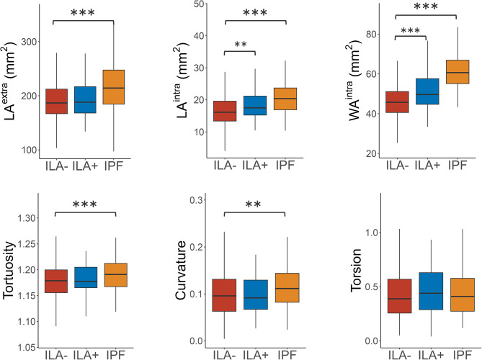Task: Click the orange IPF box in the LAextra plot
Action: pyautogui.click(x=113, y=87)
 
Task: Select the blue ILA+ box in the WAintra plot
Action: pyautogui.click(x=427, y=91)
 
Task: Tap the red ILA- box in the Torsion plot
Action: pyautogui.click(x=399, y=296)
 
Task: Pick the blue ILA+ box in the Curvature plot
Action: pyautogui.click(x=256, y=294)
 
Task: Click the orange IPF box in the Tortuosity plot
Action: pyautogui.click(x=115, y=275)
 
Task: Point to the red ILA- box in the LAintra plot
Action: pyautogui.click(x=226, y=111)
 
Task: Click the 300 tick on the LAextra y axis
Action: pyautogui.click(x=29, y=42)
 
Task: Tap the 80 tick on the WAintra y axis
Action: pyautogui.click(x=372, y=34)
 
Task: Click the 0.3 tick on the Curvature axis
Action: pyautogui.click(x=195, y=200)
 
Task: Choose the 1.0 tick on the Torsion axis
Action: pyautogui.click(x=371, y=233)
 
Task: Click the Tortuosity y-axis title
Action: pyautogui.click(x=9, y=270)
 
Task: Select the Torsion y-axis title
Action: pyautogui.click(x=356, y=270)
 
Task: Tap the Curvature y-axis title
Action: pyautogui.click(x=180, y=270)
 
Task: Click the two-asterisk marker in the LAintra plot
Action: pyautogui.click(x=241, y=45)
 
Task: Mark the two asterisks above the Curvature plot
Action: pyautogui.click(x=254, y=204)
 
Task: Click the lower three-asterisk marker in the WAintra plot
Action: pyautogui.click(x=411, y=30)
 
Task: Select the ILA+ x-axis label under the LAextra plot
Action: pyautogui.click(x=85, y=166)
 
